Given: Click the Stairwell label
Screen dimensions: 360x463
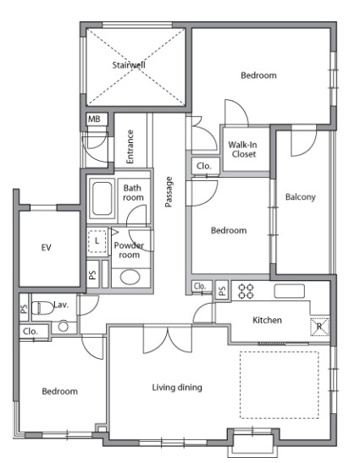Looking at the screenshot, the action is click(x=129, y=65).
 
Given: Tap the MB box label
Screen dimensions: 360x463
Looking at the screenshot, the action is click(x=94, y=119).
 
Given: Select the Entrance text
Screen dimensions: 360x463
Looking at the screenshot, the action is click(x=130, y=146).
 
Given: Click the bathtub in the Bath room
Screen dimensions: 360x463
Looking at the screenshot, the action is click(x=102, y=198).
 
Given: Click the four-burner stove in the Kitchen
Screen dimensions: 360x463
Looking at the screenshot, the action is click(x=246, y=290).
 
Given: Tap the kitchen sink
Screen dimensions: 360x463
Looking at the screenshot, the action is click(x=289, y=291).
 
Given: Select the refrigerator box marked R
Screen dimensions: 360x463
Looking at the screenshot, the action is click(x=319, y=326).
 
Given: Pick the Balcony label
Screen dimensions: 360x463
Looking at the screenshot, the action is click(x=301, y=197).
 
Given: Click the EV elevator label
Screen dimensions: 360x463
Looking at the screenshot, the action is click(x=46, y=247).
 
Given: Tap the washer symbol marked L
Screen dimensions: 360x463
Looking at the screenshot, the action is click(x=97, y=241).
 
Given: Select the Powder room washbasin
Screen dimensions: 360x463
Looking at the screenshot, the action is click(x=130, y=277).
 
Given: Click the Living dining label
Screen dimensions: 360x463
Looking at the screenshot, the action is click(x=177, y=388).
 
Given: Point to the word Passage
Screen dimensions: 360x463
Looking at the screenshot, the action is click(x=169, y=192).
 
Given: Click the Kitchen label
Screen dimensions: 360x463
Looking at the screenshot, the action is click(x=267, y=320).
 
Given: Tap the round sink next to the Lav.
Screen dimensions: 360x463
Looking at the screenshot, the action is click(x=64, y=327).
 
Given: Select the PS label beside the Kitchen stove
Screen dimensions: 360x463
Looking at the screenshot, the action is click(x=222, y=289).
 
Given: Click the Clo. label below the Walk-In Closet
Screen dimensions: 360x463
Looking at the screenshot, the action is click(x=204, y=166).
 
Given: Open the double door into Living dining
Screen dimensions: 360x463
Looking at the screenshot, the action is click(x=168, y=339).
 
